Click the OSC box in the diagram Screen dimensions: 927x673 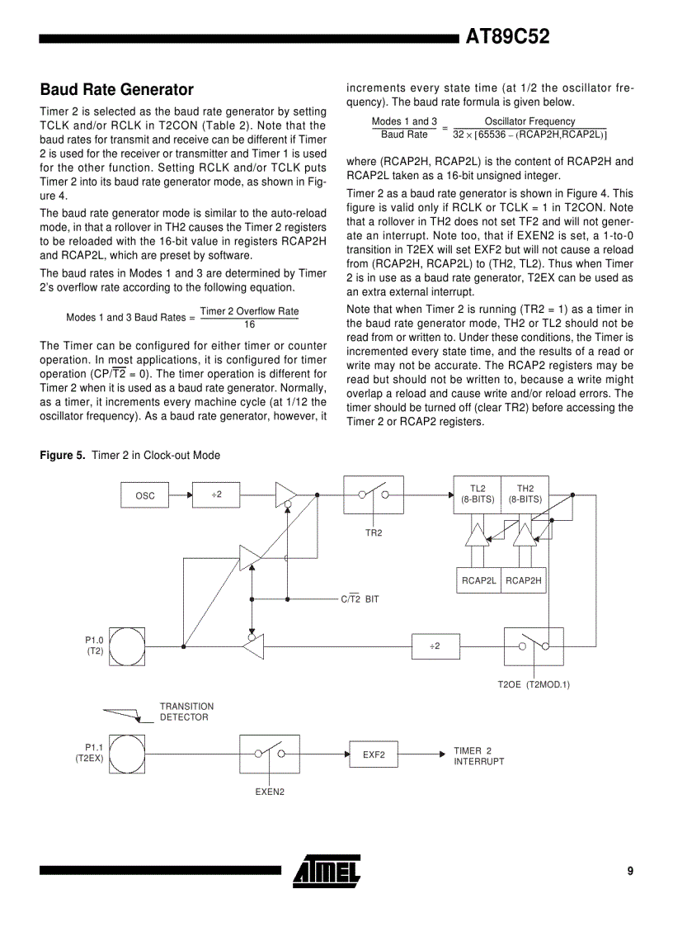tap(145, 495)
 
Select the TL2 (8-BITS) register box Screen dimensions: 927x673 tap(478, 494)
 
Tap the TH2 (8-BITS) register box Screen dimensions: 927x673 tap(525, 494)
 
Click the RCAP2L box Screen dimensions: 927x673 tap(478, 580)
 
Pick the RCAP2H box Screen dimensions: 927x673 tap(524, 580)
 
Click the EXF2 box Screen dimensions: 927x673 tap(374, 754)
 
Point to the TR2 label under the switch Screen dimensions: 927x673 tap(374, 533)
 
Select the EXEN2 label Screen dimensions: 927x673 tap(270, 792)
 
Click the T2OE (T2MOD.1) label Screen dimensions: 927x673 tap(534, 684)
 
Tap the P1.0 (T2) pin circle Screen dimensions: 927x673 tap(127, 646)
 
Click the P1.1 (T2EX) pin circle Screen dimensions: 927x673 tap(127, 754)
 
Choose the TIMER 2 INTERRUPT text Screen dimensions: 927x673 tap(478, 756)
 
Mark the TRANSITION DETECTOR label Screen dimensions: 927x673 tap(186, 712)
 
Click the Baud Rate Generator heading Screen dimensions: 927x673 tap(116, 89)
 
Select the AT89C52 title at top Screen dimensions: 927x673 tap(507, 36)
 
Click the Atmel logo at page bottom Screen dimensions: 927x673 tap(327, 871)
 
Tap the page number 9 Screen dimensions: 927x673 tap(630, 871)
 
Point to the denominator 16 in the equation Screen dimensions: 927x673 tap(249, 324)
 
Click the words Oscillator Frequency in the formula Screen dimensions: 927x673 tap(529, 121)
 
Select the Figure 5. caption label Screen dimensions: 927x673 tap(63, 456)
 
